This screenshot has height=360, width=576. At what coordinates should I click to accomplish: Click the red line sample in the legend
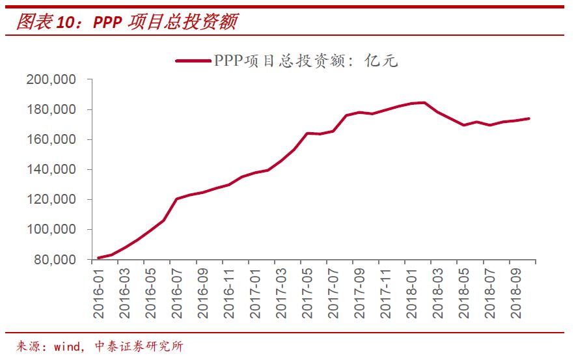[193, 61]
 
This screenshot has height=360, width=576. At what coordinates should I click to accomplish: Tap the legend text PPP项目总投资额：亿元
[305, 61]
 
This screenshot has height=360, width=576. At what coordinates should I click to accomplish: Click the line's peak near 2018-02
[424, 102]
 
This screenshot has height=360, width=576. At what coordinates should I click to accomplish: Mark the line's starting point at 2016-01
[98, 258]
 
